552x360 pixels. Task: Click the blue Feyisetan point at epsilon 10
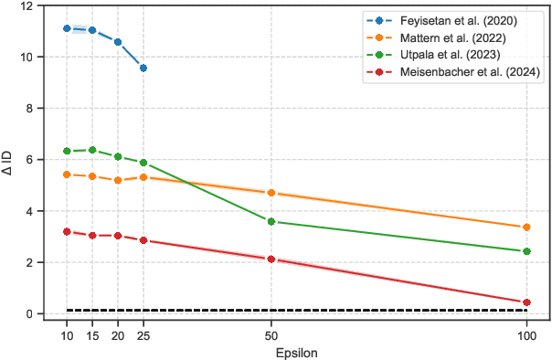67,28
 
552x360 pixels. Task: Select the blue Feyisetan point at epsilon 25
143,68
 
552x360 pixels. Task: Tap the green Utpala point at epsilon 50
271,221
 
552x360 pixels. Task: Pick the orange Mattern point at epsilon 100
526,228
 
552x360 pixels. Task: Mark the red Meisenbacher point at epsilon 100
526,302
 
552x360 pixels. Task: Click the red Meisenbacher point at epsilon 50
271,259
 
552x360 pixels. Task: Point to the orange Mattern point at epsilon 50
271,193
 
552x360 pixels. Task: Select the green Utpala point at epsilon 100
526,251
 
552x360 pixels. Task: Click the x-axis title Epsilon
296,352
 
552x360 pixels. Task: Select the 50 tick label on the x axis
271,334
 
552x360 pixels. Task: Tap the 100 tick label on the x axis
526,334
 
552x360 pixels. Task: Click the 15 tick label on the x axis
92,334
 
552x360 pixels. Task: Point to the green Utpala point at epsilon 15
92,150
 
